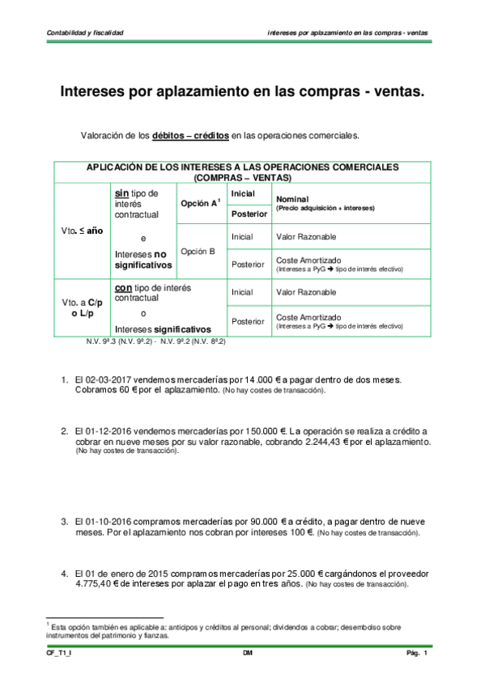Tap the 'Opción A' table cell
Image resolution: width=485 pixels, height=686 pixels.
[x=199, y=203]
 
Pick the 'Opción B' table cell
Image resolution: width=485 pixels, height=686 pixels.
[x=198, y=251]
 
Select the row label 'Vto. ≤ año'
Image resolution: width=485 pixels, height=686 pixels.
[x=82, y=231]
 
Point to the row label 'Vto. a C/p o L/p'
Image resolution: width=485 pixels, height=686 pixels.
[x=82, y=307]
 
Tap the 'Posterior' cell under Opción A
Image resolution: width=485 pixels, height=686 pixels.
[x=249, y=214]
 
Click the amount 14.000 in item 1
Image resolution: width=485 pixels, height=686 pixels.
[x=248, y=379]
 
